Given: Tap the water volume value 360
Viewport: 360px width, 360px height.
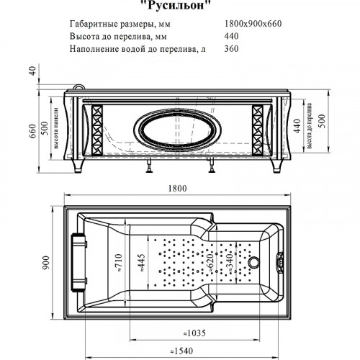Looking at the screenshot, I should [x=232, y=49].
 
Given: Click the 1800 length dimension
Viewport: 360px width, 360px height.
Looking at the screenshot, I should [x=178, y=189].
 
